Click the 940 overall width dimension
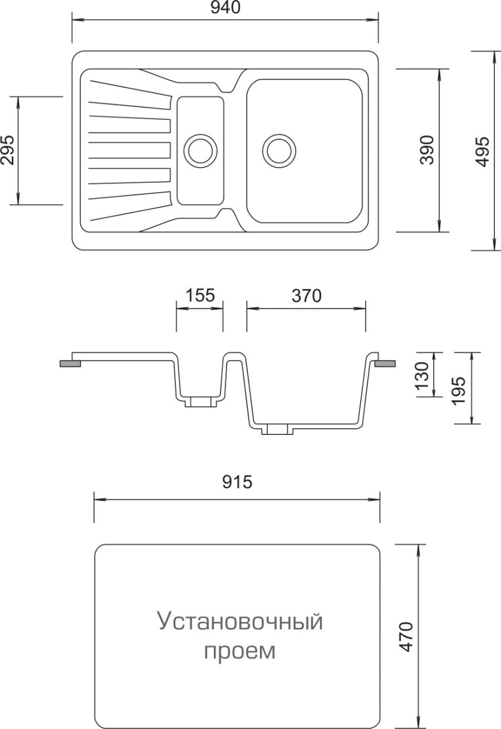225,7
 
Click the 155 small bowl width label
200,295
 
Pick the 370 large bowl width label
307,295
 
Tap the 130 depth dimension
423,376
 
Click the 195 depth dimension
459,391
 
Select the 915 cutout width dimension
237,482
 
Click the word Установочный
240,621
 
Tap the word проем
240,651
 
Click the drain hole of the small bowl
200,151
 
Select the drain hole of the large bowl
279,151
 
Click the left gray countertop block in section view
70,363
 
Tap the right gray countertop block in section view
385,363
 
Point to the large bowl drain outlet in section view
278,430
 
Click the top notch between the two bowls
227,87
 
